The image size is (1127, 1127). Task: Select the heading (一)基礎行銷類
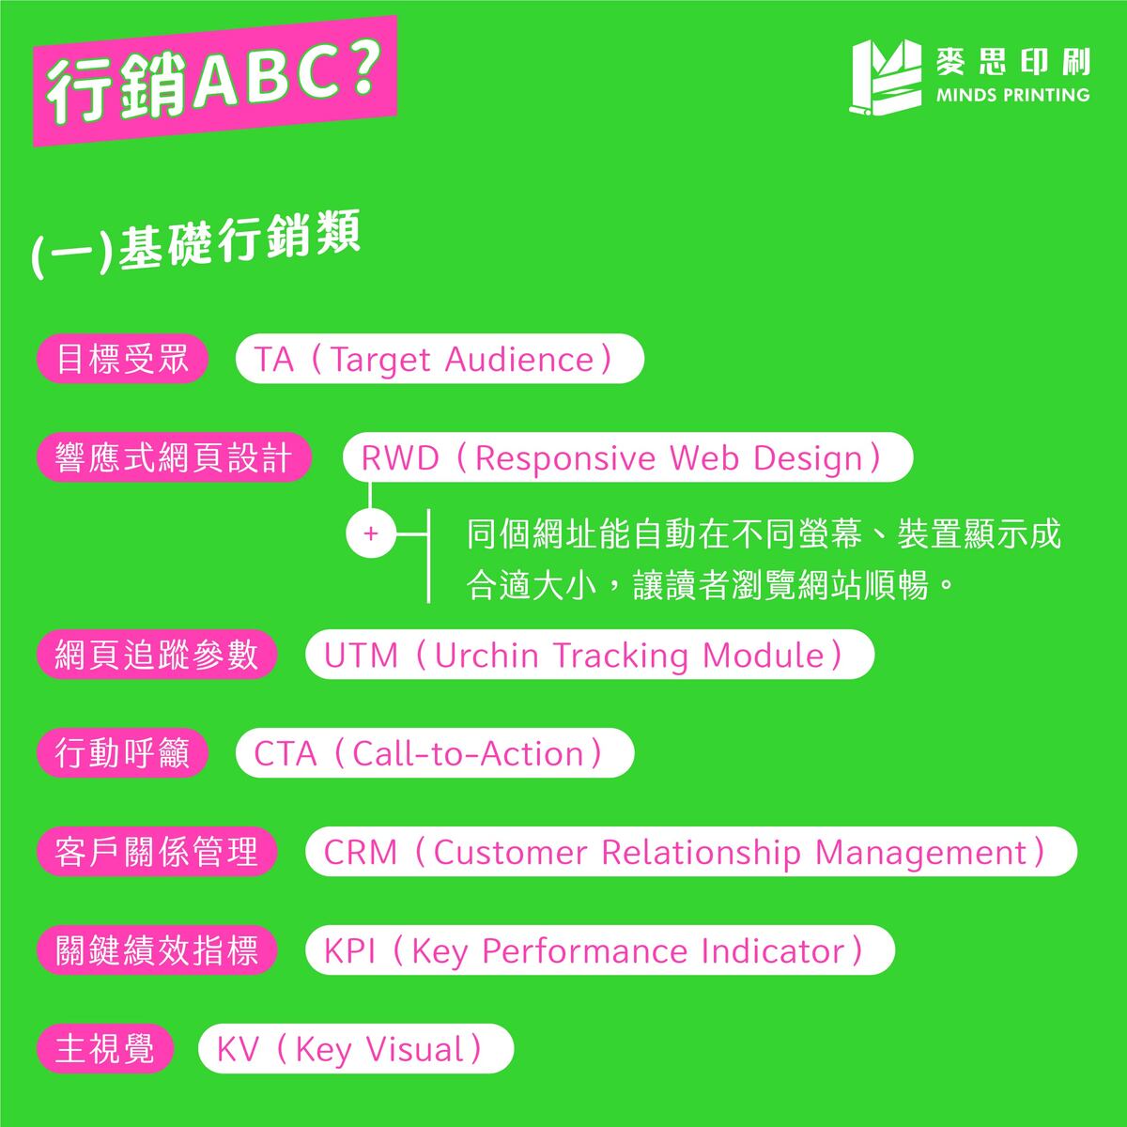click(197, 247)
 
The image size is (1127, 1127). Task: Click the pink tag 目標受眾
click(122, 360)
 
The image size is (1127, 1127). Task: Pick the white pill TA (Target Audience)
click(439, 360)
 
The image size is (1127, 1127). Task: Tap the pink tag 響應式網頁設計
click(174, 458)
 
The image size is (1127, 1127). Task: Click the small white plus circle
click(371, 534)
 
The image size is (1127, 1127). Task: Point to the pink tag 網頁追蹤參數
click(157, 655)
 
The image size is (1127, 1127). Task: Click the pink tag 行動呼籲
click(122, 753)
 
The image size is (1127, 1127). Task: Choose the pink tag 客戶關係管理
click(157, 852)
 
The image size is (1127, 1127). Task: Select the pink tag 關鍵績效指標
click(157, 950)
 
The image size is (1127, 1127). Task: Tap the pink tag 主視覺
click(105, 1049)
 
